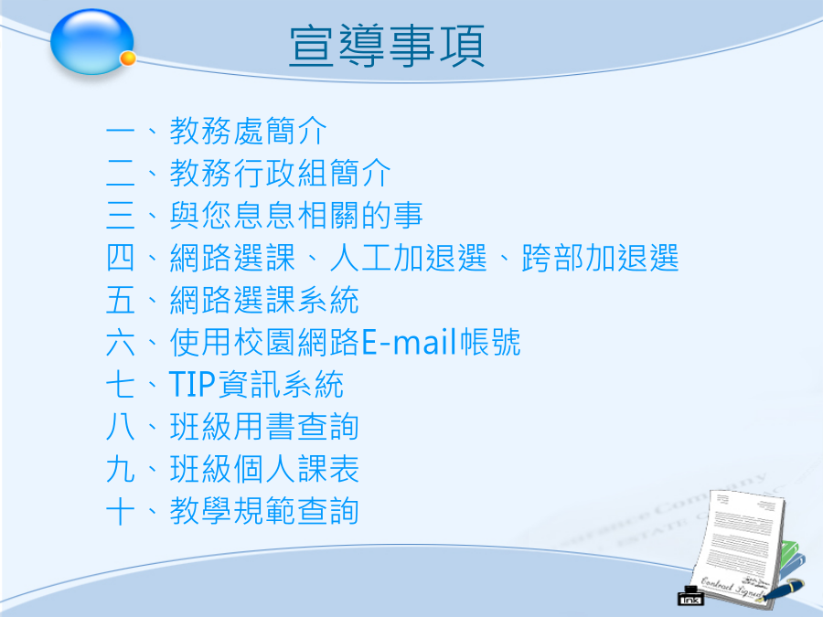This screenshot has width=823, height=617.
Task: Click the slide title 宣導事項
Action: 387,47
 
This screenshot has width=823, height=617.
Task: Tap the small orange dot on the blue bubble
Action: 128,59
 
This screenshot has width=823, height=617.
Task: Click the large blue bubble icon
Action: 91,42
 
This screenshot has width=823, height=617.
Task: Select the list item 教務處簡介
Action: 248,131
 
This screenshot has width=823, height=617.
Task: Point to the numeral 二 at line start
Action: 120,173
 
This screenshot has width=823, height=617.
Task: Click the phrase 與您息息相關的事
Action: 296,215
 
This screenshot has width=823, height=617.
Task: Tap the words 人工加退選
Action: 409,258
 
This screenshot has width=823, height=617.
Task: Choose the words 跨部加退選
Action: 601,258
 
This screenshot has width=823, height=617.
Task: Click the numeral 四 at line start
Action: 120,258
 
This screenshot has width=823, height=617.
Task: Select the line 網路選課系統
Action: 264,300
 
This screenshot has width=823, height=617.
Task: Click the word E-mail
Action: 410,342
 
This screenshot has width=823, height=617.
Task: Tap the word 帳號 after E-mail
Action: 490,342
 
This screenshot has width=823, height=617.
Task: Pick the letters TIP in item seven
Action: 192,384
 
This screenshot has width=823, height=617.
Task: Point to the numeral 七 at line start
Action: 120,384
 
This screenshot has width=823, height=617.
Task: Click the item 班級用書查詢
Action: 264,427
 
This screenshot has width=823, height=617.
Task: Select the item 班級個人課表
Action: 264,469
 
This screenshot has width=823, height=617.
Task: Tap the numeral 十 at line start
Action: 120,511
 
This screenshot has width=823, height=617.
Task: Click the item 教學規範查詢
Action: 264,511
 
